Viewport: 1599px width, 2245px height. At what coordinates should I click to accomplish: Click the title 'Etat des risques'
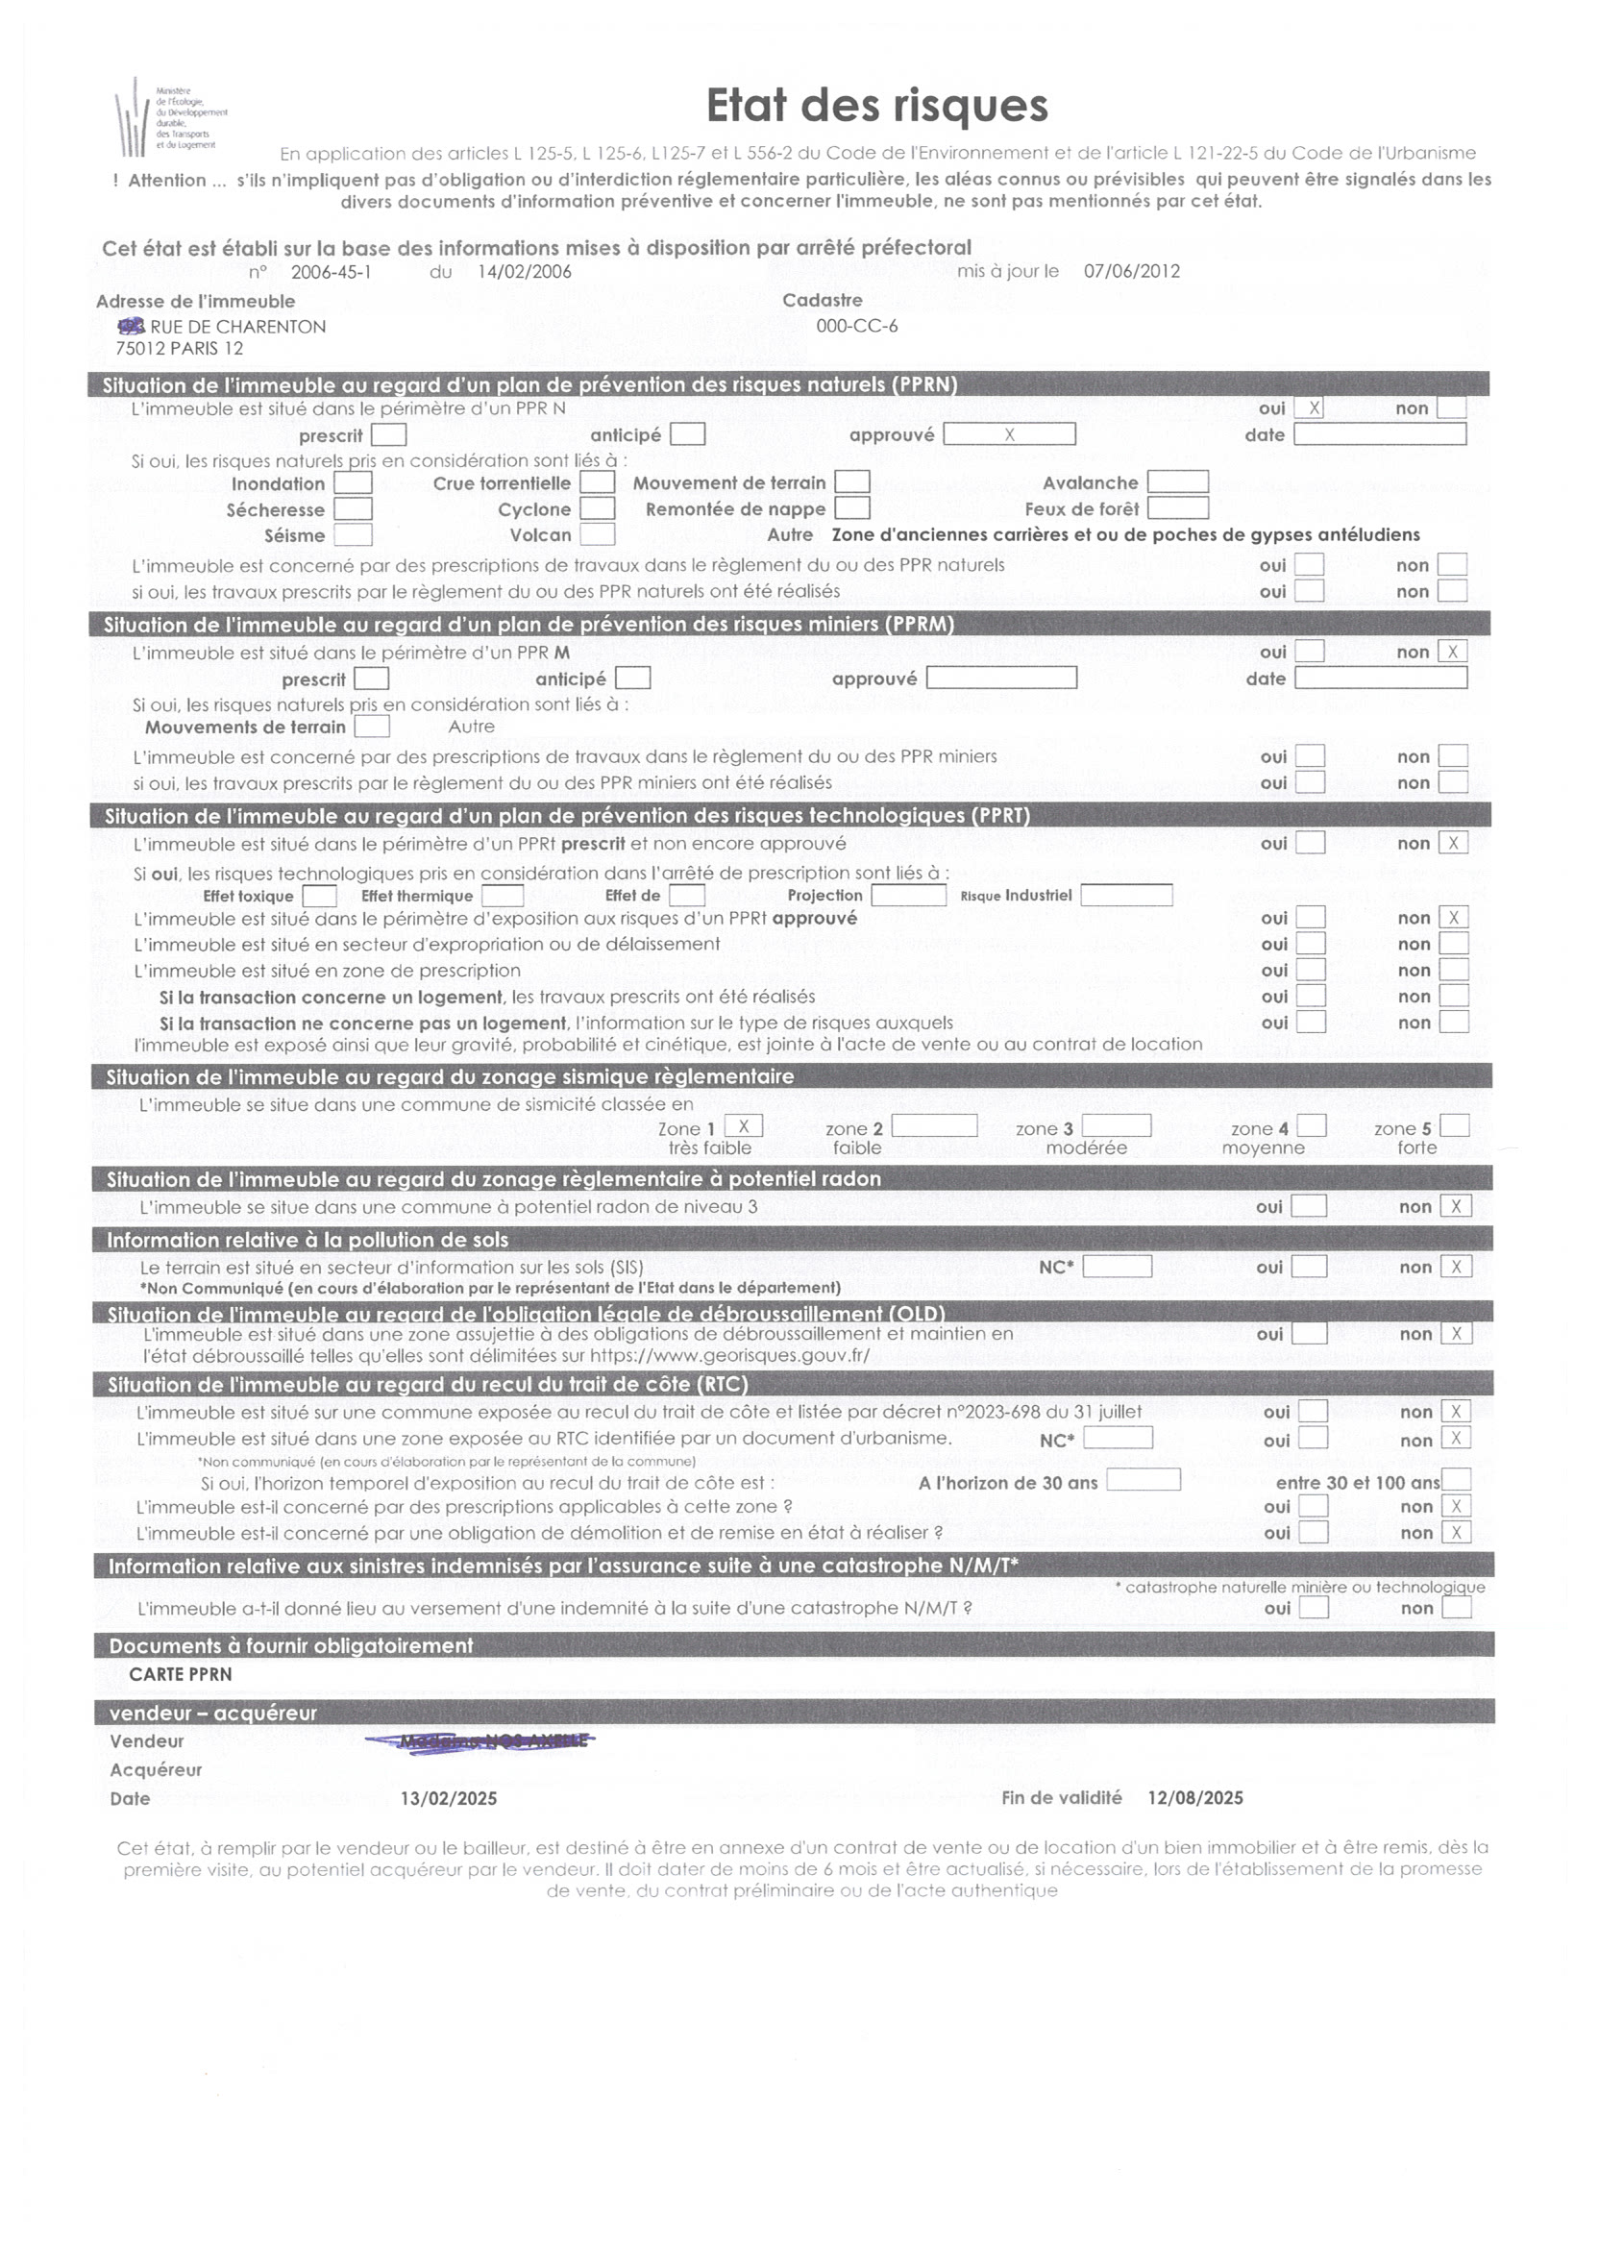pos(876,106)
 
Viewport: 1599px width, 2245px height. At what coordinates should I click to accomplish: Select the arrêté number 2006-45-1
pos(331,273)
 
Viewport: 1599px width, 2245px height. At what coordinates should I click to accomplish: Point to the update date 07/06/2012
pos(1131,272)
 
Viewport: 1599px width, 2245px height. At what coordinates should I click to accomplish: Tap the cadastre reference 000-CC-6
pos(856,326)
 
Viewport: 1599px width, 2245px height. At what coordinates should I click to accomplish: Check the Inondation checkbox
pos(353,483)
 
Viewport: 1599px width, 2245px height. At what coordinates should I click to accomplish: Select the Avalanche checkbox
pos(1177,482)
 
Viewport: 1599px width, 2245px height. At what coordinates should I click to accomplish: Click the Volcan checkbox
pos(597,534)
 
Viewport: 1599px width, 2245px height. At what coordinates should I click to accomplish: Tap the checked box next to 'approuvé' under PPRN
pos(1008,434)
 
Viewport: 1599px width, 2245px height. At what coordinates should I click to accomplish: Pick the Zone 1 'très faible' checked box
pos(744,1126)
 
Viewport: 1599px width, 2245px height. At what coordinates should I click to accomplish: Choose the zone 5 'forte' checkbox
pos(1454,1126)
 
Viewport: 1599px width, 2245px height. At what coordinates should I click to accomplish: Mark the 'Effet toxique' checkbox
pos(319,896)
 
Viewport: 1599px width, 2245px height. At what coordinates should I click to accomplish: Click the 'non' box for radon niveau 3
pos(1455,1206)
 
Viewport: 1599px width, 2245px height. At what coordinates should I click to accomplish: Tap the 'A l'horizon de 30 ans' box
pos(1143,1480)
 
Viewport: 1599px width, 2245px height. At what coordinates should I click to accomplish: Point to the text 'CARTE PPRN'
pos(182,1674)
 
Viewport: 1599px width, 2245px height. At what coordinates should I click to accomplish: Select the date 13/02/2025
pos(448,1798)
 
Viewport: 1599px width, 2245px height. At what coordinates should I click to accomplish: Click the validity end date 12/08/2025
pos(1194,1797)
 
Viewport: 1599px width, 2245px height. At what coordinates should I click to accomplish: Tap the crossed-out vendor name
pos(480,1740)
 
